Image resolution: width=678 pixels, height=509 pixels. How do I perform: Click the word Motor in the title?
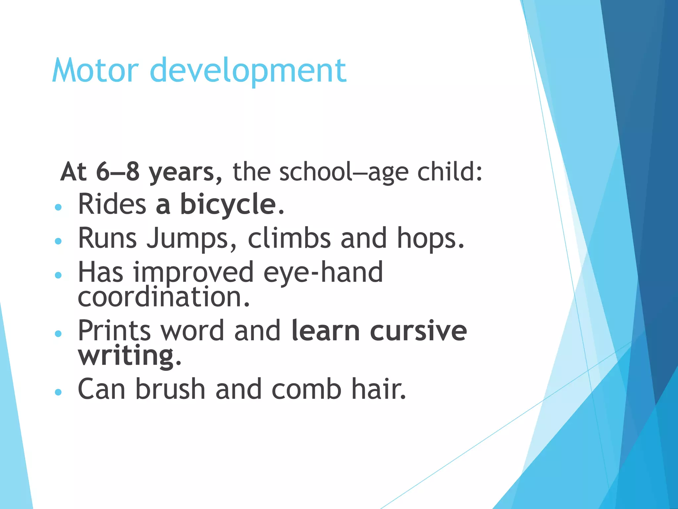(95, 70)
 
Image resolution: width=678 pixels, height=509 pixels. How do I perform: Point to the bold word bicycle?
(228, 204)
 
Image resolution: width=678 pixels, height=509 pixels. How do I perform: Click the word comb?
(306, 389)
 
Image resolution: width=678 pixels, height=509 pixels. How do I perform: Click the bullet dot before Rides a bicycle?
(58, 207)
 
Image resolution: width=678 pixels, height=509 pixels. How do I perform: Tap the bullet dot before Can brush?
(58, 392)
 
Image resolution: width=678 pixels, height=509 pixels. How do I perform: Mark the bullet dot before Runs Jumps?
(58, 241)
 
